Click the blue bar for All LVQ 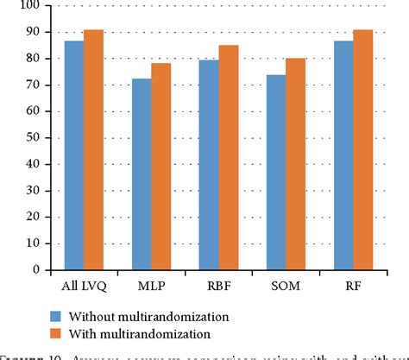click(x=73, y=155)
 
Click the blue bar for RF click(x=343, y=155)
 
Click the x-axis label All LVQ click(x=84, y=283)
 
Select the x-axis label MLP click(x=151, y=283)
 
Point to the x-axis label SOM click(x=286, y=283)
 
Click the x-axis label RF click(x=354, y=283)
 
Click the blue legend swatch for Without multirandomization click(x=58, y=316)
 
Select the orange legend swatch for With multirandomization click(x=58, y=333)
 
